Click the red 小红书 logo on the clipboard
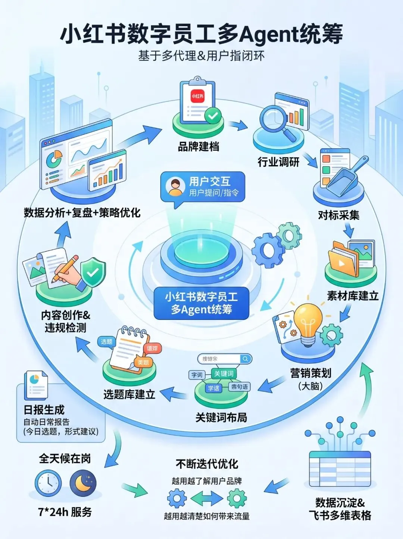[x=197, y=96]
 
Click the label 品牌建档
[x=199, y=147]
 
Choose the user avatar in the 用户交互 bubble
[x=175, y=187]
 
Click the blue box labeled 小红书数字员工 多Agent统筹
[x=201, y=303]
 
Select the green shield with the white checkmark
[x=93, y=273]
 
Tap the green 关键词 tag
[x=224, y=373]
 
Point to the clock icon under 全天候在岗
[x=48, y=483]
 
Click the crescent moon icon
[x=83, y=483]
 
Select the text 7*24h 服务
[x=65, y=512]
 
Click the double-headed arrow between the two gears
[x=207, y=498]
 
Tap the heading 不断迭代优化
[x=207, y=464]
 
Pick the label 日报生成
[x=44, y=410]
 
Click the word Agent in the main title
[x=266, y=34]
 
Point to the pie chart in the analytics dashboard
[x=54, y=159]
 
